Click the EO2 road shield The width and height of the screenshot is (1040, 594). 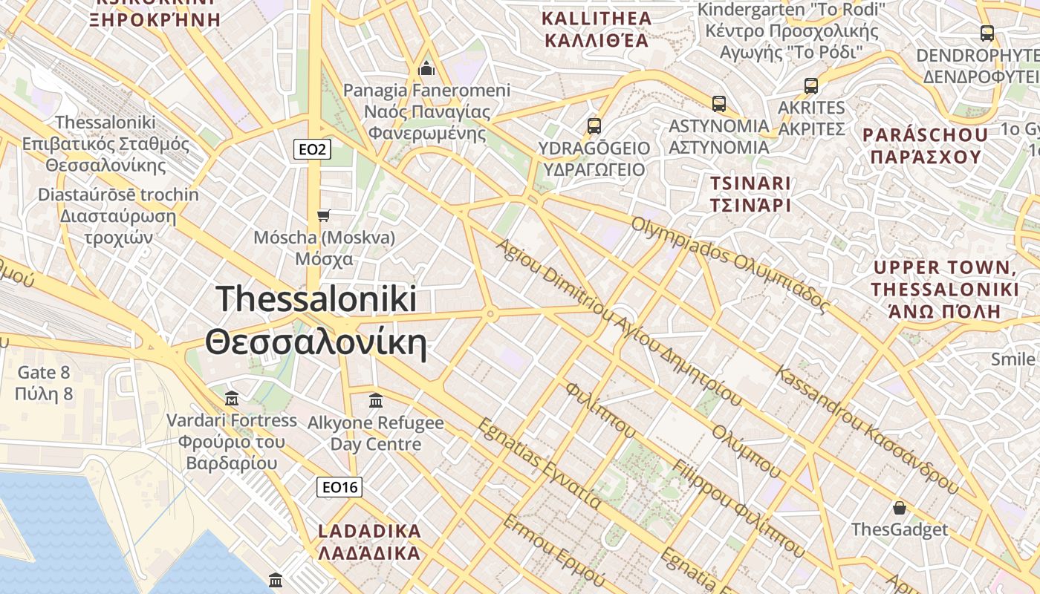point(312,150)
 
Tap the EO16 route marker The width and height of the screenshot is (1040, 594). point(339,487)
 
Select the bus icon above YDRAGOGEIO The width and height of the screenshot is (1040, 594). point(594,125)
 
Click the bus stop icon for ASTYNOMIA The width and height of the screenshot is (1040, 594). point(718,103)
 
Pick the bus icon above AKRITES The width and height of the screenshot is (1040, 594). point(811,85)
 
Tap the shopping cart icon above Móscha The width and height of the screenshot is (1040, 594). point(323,215)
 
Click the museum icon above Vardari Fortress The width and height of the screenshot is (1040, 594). point(231,399)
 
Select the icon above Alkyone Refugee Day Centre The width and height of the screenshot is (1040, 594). point(376,400)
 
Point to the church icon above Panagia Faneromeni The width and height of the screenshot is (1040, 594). point(426,68)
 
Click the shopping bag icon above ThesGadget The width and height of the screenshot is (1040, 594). point(900,508)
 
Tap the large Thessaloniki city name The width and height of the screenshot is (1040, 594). point(317,321)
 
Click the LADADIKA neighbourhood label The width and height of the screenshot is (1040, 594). point(369,542)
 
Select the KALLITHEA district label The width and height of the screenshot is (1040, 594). point(597,29)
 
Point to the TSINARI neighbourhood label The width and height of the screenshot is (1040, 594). point(750,194)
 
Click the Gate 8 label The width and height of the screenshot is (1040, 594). point(44,382)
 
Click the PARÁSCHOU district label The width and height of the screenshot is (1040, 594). point(926,146)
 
